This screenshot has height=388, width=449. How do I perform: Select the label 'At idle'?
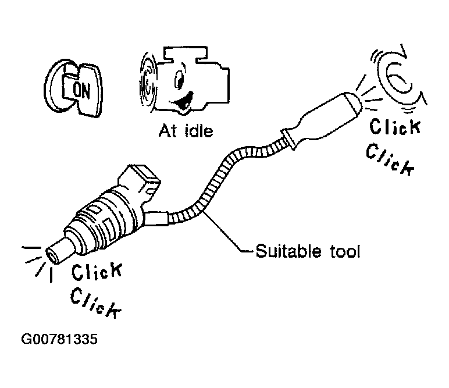pos(186,131)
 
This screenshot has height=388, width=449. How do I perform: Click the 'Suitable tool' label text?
pos(308,251)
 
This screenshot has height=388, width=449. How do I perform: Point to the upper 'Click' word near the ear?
pos(395,126)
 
